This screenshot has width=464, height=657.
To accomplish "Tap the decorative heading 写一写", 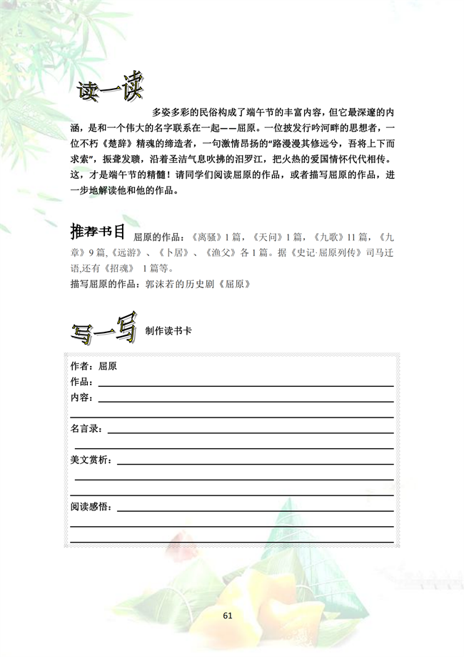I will (104, 330).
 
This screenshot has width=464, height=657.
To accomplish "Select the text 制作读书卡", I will (168, 332).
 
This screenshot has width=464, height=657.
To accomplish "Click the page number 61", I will (228, 615).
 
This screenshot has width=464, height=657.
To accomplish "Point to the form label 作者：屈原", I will (94, 366).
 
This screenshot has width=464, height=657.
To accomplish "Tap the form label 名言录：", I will (87, 429).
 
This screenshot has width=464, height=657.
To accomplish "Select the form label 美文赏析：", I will (91, 460).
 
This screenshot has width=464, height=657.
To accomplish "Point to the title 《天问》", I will (268, 237).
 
